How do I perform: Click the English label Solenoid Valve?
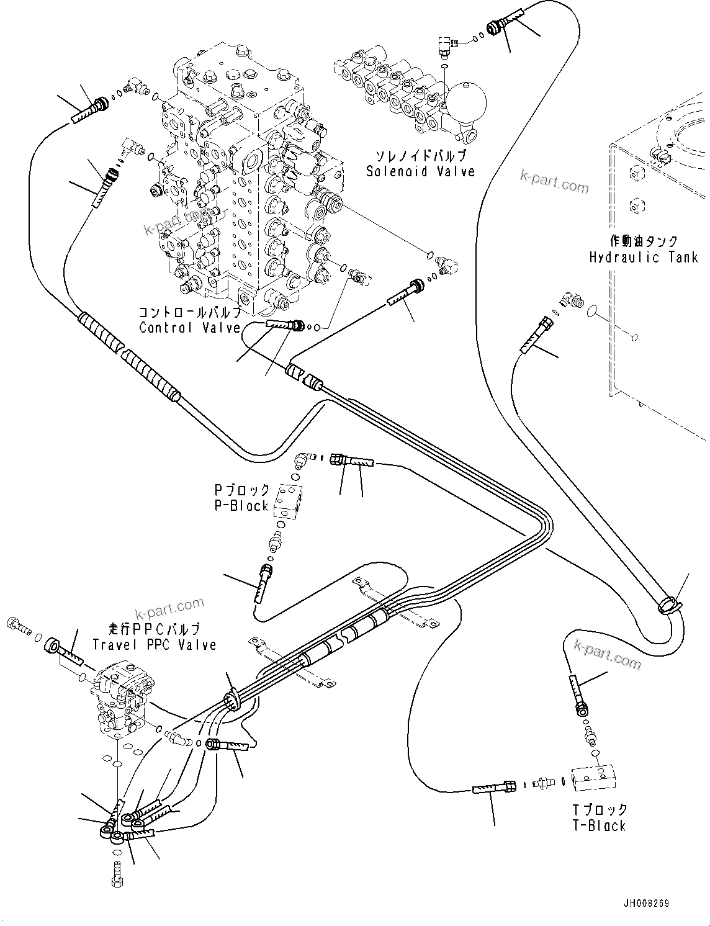tap(420, 171)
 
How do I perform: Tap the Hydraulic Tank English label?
tap(643, 257)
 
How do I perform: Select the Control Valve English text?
tap(189, 328)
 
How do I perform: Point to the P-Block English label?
tap(241, 506)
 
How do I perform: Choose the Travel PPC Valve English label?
tap(155, 645)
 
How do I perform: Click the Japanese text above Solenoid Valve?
tap(420, 156)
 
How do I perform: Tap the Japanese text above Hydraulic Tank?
tap(643, 241)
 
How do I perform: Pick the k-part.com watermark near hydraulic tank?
tap(554, 182)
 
